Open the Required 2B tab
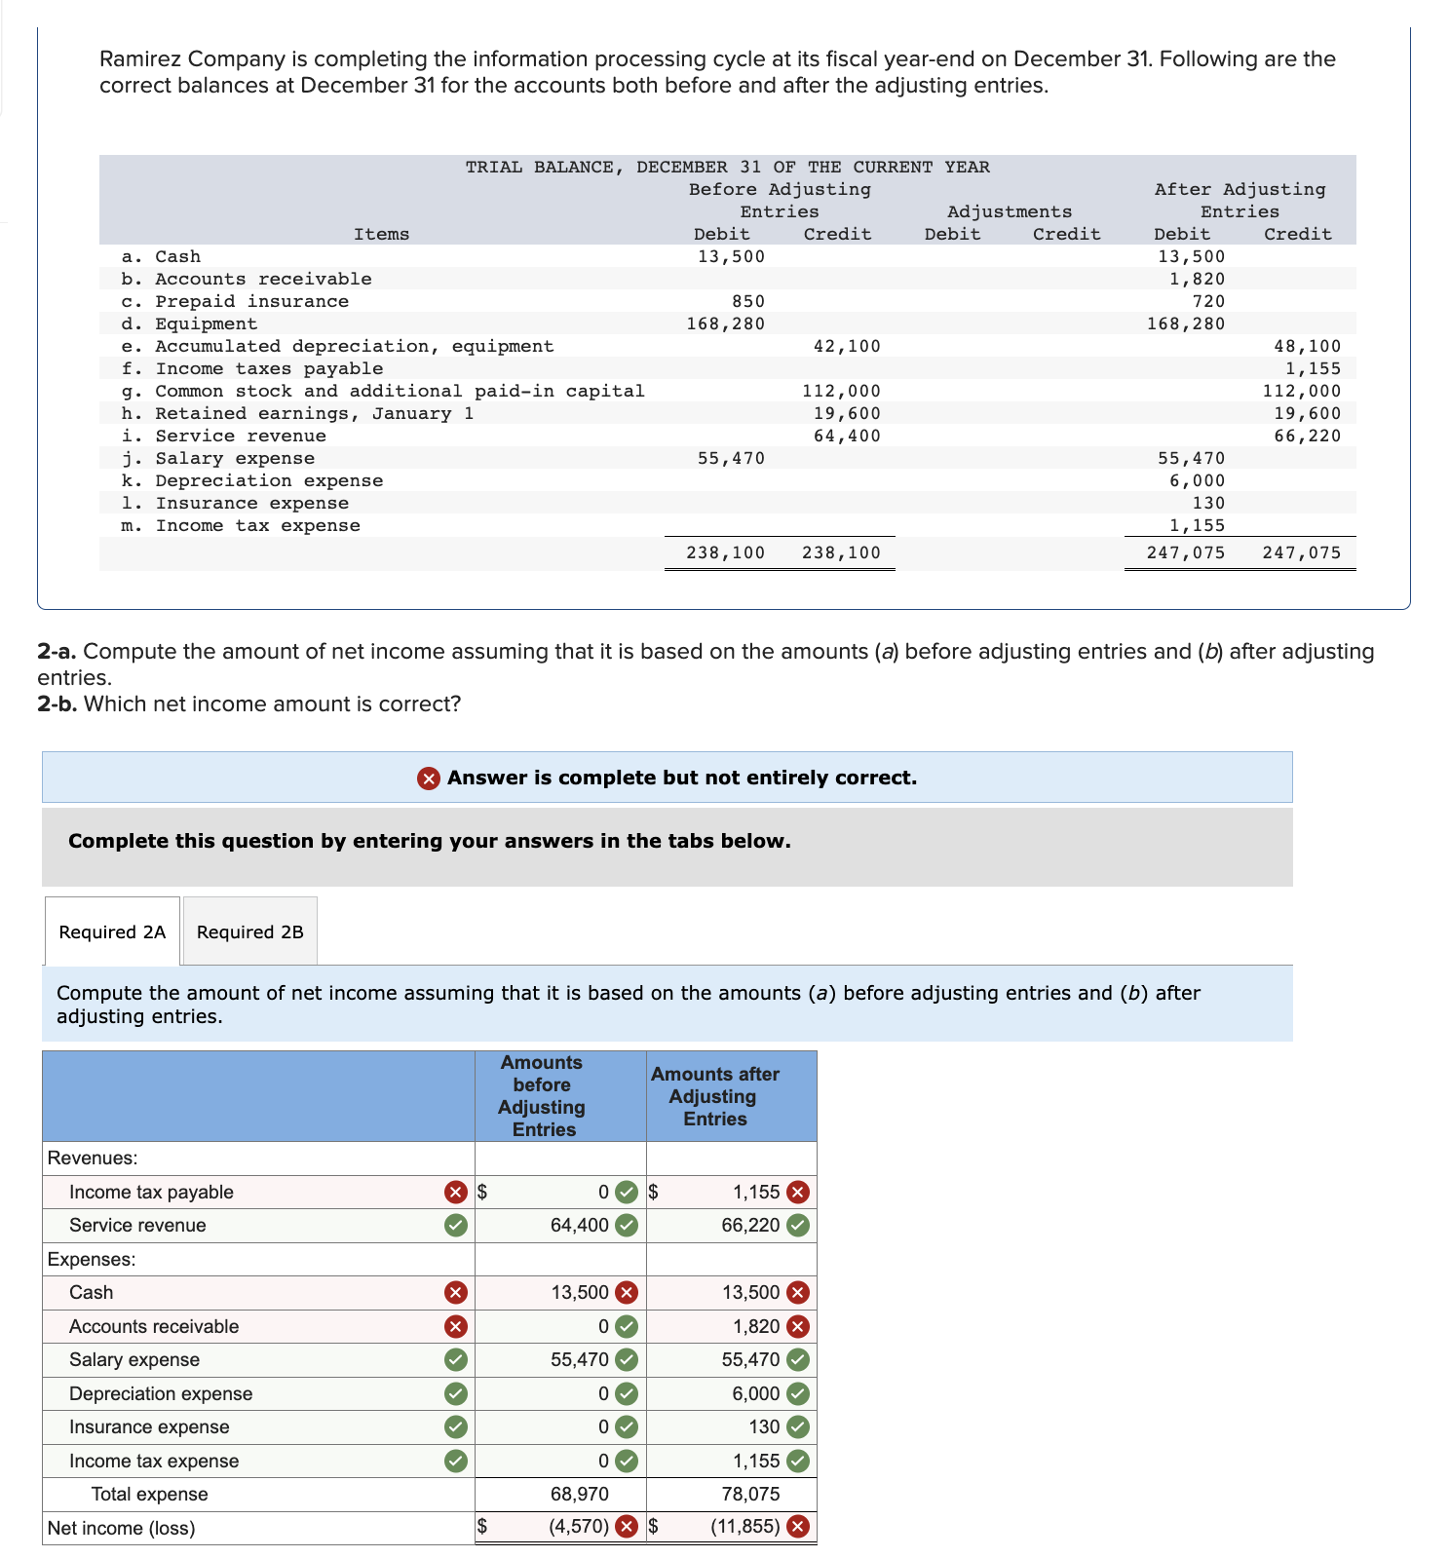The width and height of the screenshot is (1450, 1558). (x=249, y=931)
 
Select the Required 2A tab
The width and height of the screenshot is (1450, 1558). (x=112, y=931)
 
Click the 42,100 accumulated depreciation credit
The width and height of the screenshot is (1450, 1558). (x=846, y=346)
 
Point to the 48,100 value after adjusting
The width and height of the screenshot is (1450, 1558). (x=1307, y=346)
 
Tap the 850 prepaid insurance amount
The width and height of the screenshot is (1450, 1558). (x=747, y=301)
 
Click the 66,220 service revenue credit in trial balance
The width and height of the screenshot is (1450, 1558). (x=1307, y=436)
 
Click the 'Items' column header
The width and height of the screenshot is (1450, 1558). (x=381, y=234)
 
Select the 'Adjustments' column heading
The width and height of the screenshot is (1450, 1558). (x=1009, y=211)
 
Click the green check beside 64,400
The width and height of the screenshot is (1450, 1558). (x=628, y=1226)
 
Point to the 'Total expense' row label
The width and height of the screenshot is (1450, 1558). (x=149, y=1494)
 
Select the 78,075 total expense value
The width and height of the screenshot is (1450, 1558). (x=750, y=1494)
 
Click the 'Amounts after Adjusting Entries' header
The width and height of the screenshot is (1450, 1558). (x=715, y=1096)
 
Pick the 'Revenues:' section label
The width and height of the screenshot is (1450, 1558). (x=93, y=1158)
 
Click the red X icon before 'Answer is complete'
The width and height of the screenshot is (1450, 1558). (x=428, y=778)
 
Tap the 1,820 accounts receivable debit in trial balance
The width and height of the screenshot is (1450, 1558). (x=1197, y=279)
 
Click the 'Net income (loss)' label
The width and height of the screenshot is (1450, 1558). (x=121, y=1528)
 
